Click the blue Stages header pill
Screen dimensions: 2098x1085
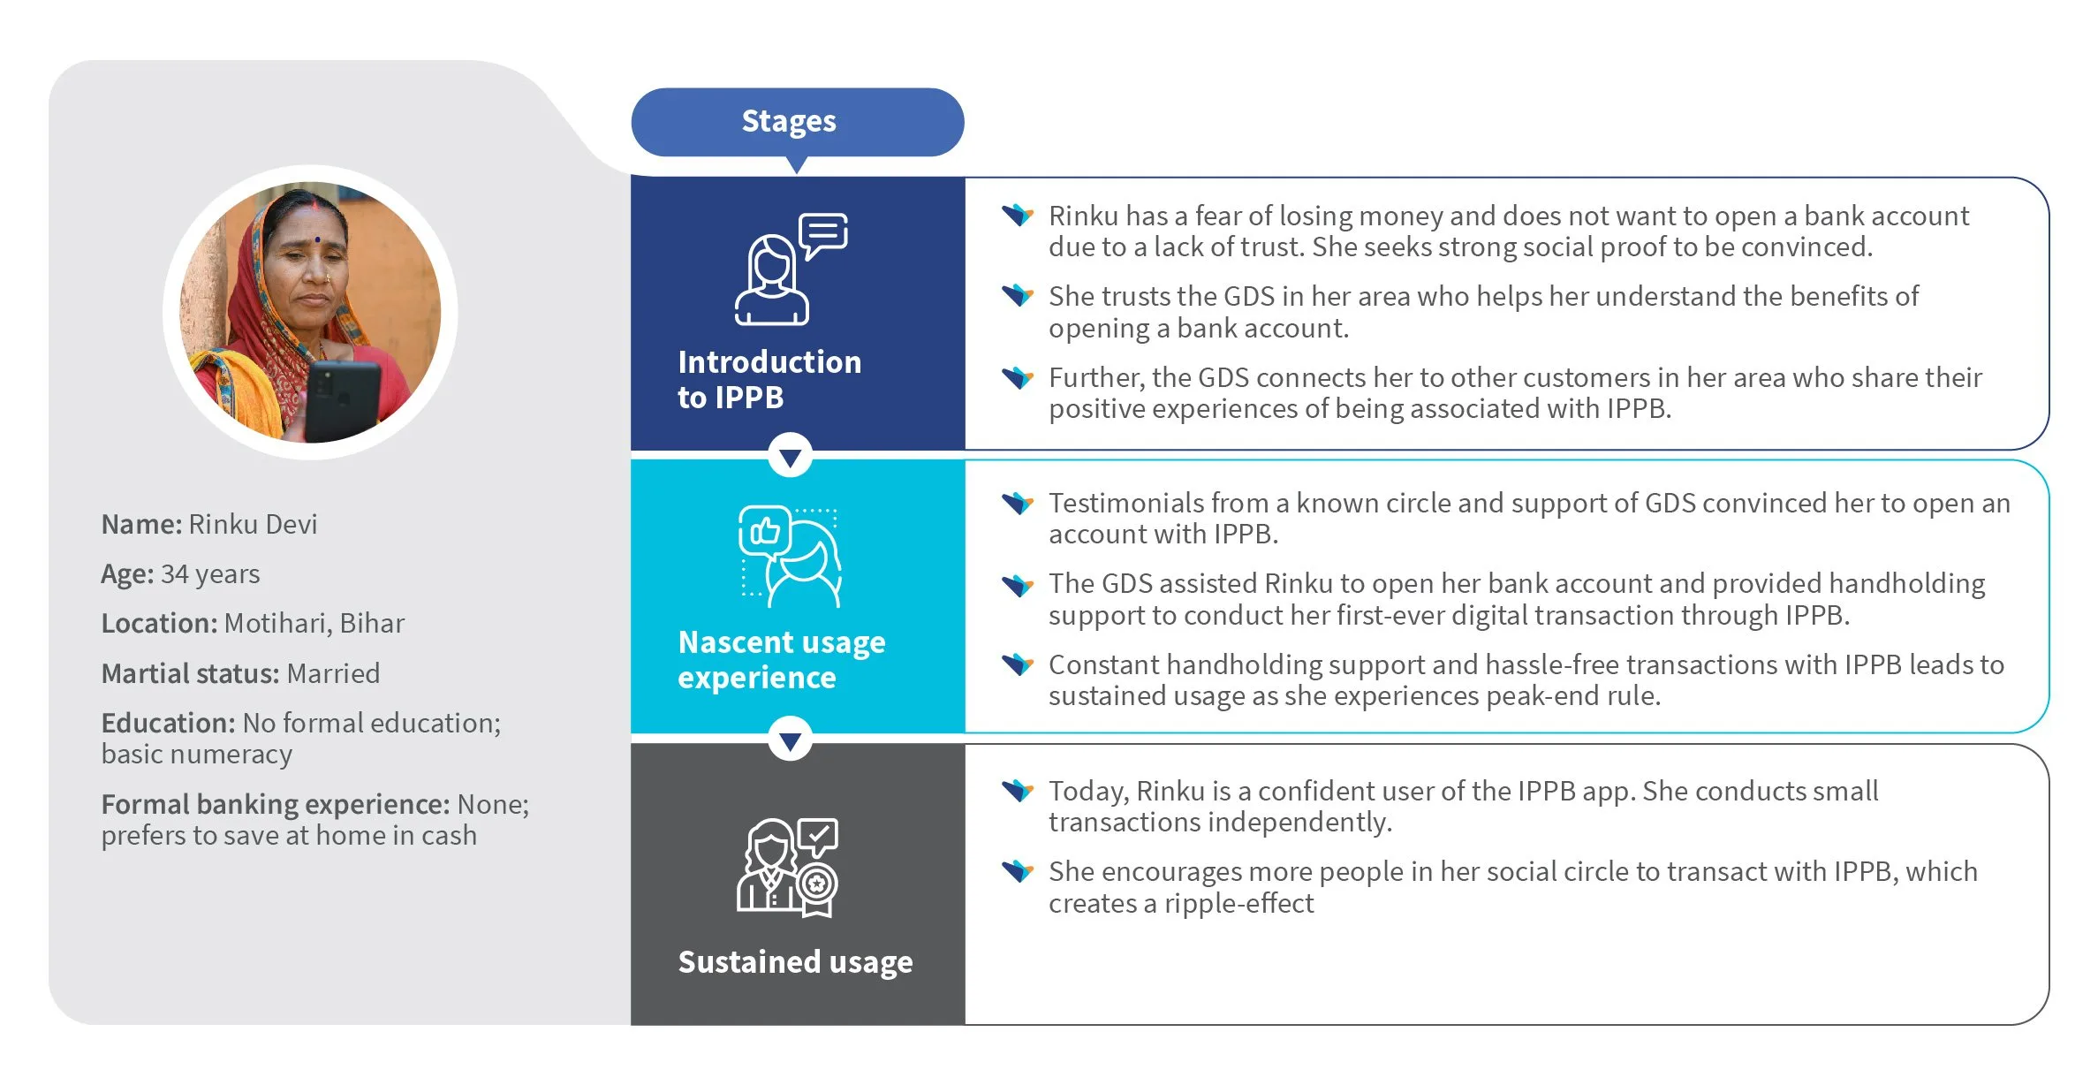click(x=797, y=122)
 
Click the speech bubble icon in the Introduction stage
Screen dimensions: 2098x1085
click(x=823, y=235)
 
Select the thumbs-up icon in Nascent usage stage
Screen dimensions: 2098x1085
click(x=764, y=530)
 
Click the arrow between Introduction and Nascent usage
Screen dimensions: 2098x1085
click(x=791, y=456)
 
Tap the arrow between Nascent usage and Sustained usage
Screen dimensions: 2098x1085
click(x=791, y=740)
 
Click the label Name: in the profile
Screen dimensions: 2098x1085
click(x=141, y=525)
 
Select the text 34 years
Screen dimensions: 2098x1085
click(x=210, y=575)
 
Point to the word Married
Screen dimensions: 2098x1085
click(x=333, y=674)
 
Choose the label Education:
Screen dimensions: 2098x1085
click(x=168, y=724)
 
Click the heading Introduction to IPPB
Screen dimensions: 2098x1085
click(x=769, y=380)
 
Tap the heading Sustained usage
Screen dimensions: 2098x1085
click(x=795, y=962)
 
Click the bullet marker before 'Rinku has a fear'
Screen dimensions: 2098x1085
click(x=1018, y=215)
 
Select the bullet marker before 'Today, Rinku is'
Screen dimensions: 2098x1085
click(x=1018, y=790)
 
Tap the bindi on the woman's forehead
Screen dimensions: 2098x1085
click(x=316, y=239)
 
